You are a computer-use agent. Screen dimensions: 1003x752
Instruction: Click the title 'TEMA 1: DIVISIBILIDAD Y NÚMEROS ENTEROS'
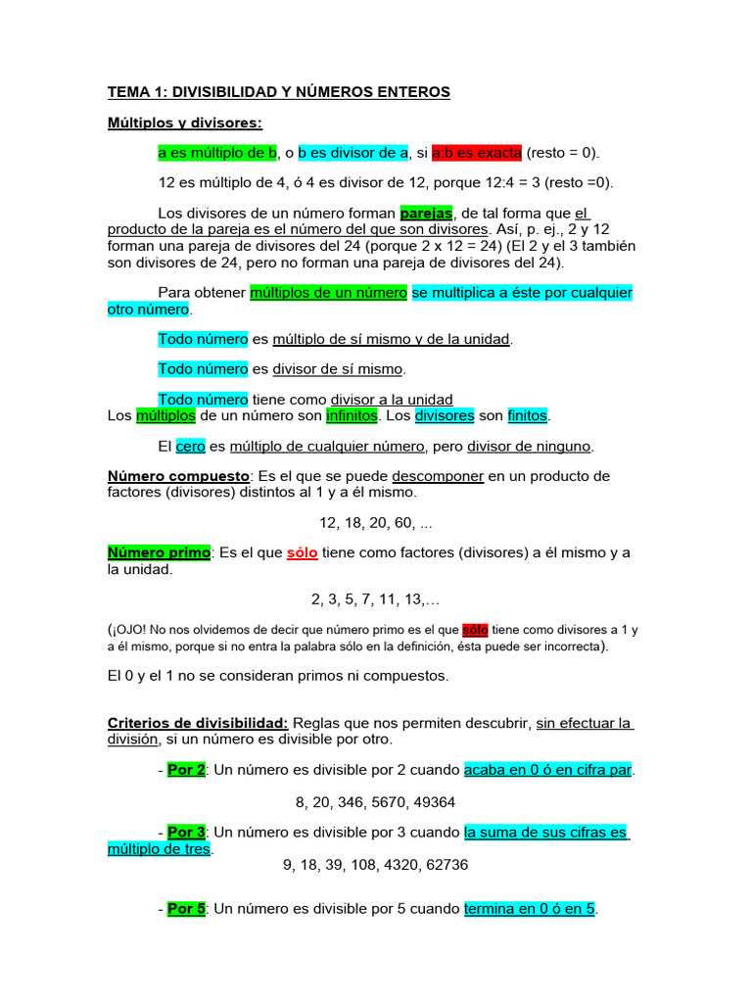(x=278, y=92)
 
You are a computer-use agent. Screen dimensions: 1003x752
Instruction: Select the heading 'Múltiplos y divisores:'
(x=185, y=122)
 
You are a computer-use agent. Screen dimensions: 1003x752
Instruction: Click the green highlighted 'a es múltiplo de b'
(x=217, y=153)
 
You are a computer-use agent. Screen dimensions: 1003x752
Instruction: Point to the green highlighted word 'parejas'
(x=426, y=214)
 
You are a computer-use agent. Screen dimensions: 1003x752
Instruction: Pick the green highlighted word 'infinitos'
(x=352, y=415)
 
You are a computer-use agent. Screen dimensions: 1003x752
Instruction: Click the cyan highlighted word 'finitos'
(x=528, y=415)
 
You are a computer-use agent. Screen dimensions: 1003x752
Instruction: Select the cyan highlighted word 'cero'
(x=190, y=446)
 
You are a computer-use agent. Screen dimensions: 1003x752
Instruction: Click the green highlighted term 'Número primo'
(x=159, y=552)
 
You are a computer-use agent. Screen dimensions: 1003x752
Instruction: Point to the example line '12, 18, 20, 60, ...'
(x=376, y=522)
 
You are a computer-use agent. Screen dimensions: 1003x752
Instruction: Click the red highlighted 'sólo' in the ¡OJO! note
(x=475, y=630)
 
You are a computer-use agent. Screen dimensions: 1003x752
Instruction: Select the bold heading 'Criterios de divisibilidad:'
(x=197, y=723)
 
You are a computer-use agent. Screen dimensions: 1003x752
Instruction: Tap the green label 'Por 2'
(x=186, y=770)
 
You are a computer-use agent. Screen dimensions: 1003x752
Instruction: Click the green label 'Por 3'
(x=186, y=832)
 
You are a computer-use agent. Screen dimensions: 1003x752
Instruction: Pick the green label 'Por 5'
(x=186, y=908)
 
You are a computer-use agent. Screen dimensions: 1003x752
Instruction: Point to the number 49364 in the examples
(x=435, y=801)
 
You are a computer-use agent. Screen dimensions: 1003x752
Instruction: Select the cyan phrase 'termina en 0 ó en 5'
(x=530, y=908)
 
